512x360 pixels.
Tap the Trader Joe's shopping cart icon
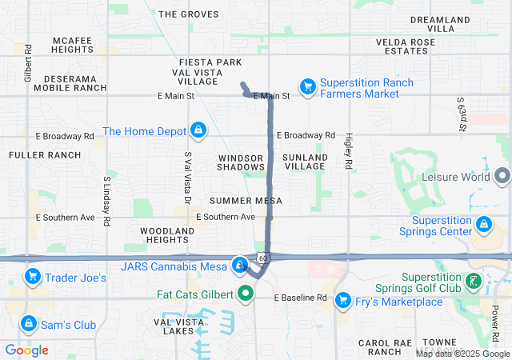33,278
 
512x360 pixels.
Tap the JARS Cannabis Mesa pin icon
239,265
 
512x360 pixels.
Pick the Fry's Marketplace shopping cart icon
343,301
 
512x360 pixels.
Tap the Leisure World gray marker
502,174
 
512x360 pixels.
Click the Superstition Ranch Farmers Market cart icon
307,86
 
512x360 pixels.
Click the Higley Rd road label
349,152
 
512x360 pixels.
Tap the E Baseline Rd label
301,298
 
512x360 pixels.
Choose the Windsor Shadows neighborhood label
241,162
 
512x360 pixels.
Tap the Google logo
27,350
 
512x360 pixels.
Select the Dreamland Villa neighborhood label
443,23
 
